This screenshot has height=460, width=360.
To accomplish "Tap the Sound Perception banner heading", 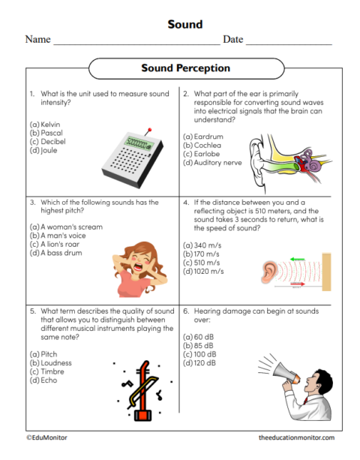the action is [185, 68].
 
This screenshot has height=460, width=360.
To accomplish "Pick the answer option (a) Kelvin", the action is [44, 124].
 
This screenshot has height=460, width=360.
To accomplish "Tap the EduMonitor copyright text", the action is [46, 437].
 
